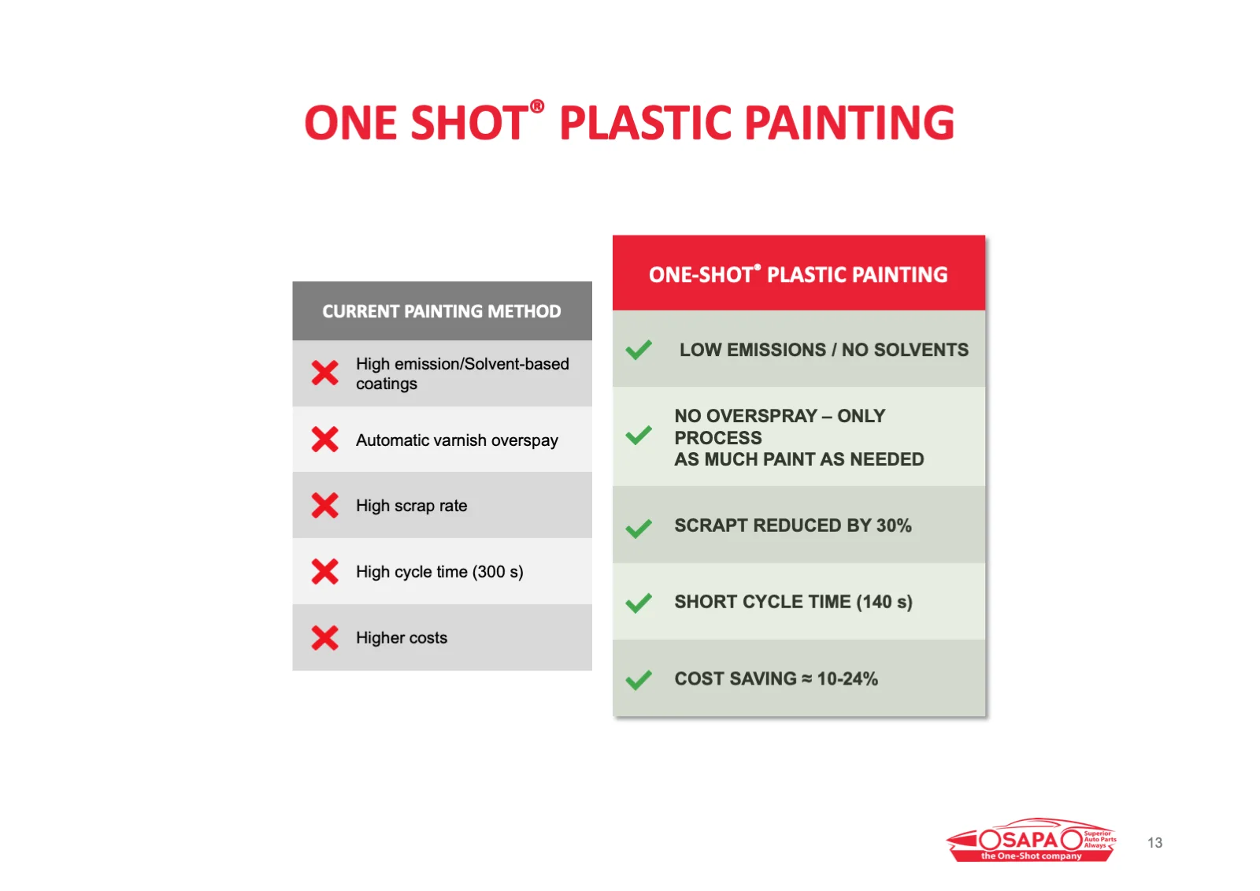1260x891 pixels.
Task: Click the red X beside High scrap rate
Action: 325,506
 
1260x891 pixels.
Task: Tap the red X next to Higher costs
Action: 325,638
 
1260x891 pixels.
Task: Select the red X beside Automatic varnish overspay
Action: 325,440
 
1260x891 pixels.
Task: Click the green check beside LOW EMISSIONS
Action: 639,350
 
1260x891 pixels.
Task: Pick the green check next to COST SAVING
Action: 639,680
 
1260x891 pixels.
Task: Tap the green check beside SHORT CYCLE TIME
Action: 639,603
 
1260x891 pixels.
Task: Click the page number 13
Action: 1155,843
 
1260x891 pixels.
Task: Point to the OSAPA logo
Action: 1032,841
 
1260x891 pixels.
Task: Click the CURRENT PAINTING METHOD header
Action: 442,311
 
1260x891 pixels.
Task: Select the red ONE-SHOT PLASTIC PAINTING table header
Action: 799,273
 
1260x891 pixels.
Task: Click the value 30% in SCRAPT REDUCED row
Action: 894,525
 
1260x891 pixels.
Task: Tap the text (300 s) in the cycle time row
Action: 498,572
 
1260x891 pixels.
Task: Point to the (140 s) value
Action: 884,602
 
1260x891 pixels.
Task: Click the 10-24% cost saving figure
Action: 847,679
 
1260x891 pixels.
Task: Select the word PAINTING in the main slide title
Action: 850,123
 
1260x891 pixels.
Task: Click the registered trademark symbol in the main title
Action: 537,106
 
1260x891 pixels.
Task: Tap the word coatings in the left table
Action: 387,384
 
